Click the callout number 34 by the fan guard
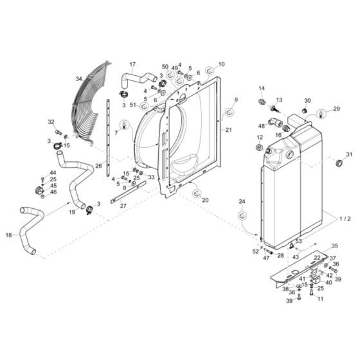click(x=78, y=79)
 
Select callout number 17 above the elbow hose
click(x=132, y=64)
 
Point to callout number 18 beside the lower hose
click(x=8, y=236)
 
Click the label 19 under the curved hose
click(x=72, y=212)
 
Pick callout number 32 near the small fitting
click(x=51, y=122)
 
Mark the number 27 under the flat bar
click(x=123, y=206)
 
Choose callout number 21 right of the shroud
click(x=228, y=130)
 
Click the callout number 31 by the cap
click(x=349, y=154)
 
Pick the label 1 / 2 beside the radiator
click(x=344, y=219)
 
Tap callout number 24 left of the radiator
click(x=242, y=202)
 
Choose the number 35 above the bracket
click(x=334, y=246)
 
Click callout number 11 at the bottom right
click(x=320, y=300)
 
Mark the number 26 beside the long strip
click(x=98, y=166)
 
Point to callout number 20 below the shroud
click(x=206, y=201)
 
